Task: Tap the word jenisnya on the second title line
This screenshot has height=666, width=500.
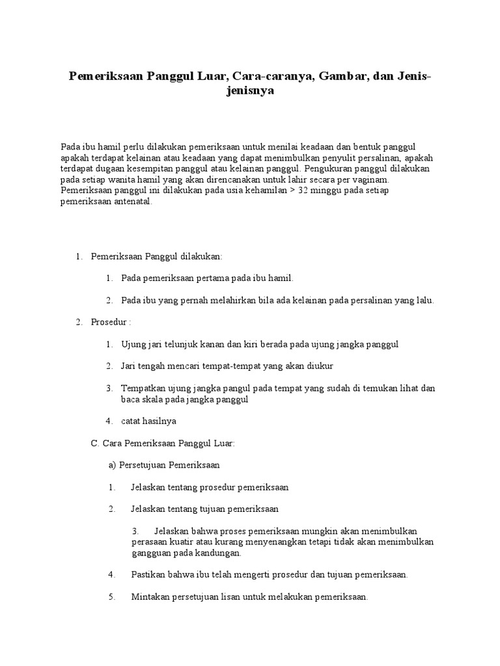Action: [x=250, y=92]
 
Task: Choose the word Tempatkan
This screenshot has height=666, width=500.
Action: [x=143, y=388]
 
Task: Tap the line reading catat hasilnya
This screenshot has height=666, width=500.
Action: [x=148, y=421]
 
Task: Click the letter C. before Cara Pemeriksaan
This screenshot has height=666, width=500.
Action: [x=94, y=443]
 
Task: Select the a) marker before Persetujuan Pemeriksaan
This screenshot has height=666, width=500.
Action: [x=112, y=465]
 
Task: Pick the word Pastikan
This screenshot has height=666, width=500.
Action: [x=148, y=574]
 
